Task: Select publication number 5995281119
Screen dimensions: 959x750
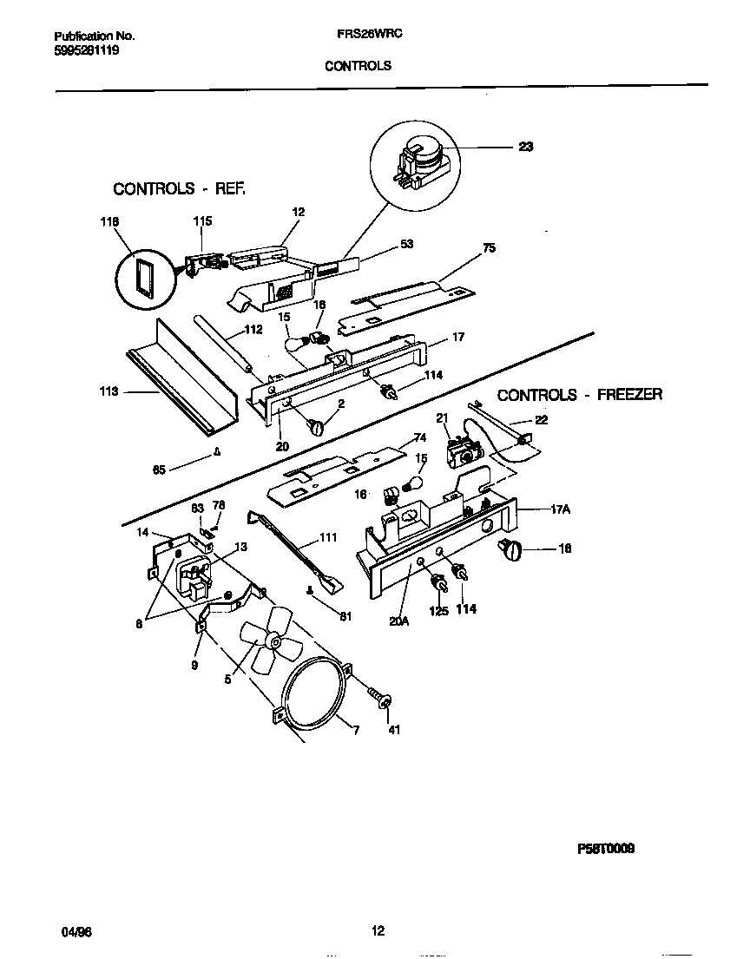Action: coord(86,50)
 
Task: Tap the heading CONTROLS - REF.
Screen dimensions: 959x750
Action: coord(180,188)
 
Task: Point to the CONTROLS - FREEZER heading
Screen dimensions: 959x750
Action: coord(579,395)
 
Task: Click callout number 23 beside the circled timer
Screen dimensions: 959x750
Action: coord(525,147)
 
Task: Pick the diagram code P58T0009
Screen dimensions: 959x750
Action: coord(604,850)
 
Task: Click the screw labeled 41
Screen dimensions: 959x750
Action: coord(379,697)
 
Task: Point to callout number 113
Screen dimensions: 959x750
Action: coord(109,392)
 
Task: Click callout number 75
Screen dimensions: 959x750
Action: coord(489,247)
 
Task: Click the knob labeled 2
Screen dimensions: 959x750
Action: coord(316,427)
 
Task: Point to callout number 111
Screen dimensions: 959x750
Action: coord(327,538)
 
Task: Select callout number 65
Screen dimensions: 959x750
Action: coord(159,470)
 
